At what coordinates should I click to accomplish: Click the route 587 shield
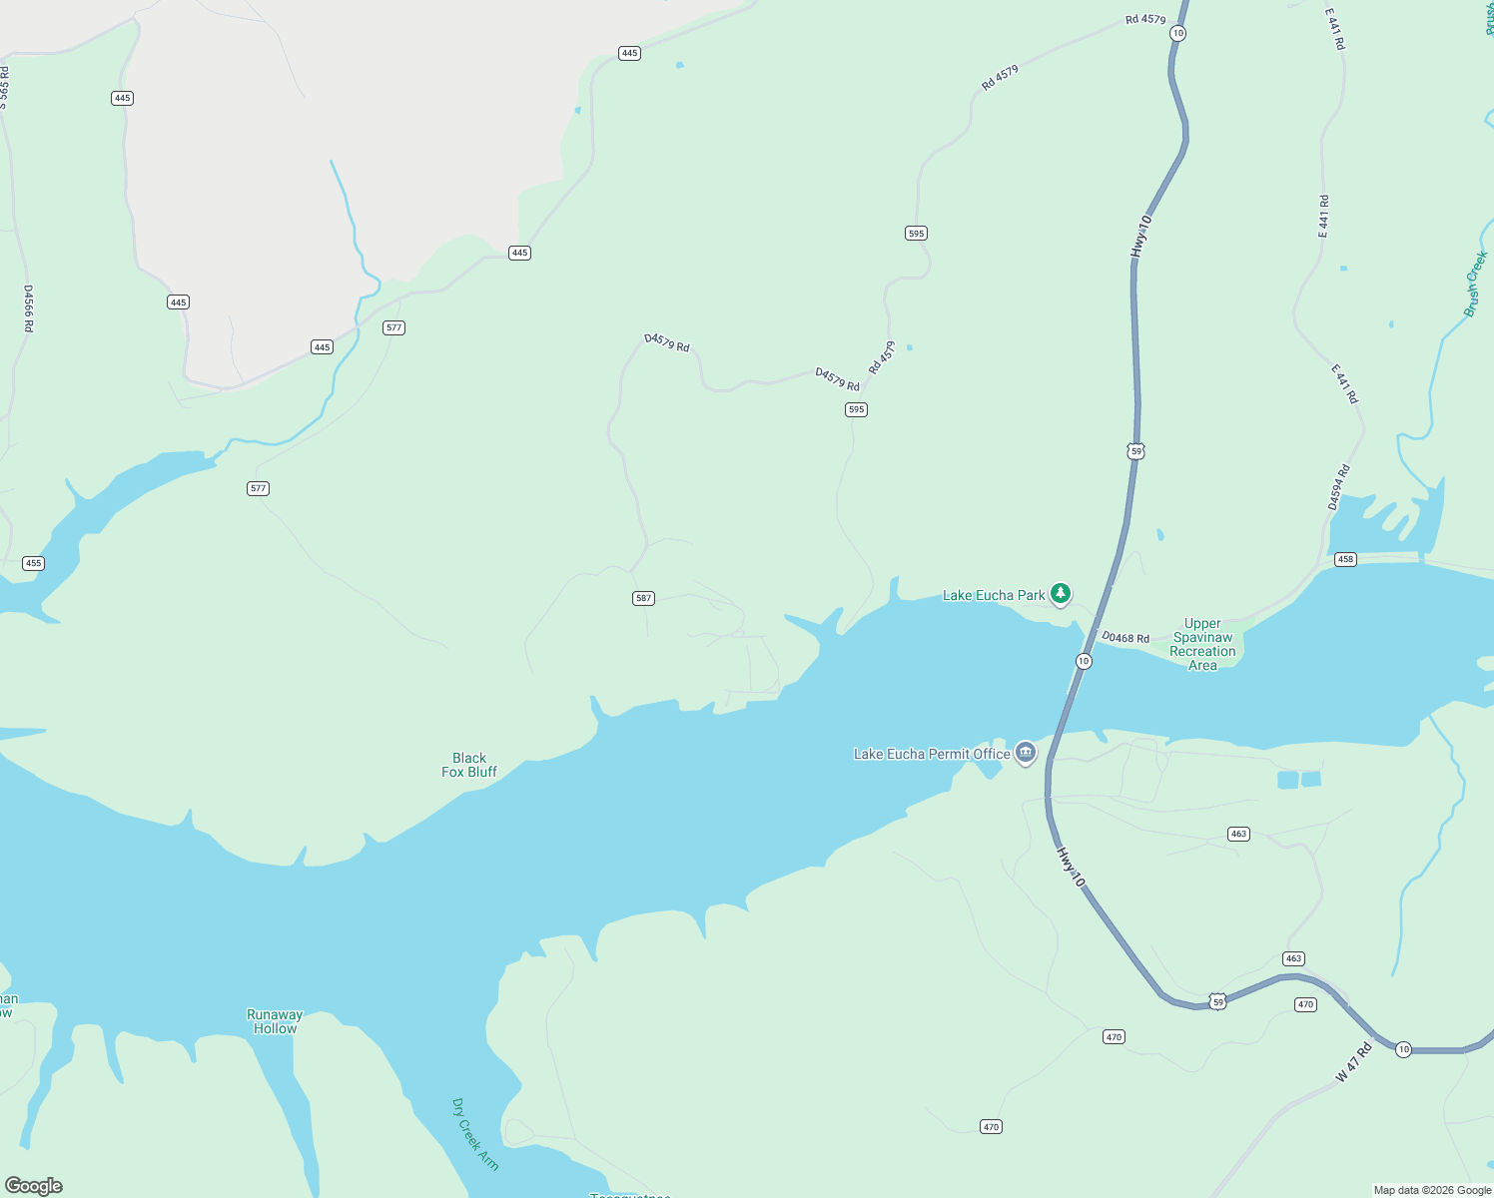[643, 598]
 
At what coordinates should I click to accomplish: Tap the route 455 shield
[33, 563]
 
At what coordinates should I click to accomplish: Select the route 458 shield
[1345, 559]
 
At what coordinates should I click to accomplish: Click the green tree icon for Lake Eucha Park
[1061, 594]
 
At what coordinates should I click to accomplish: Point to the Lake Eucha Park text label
[993, 595]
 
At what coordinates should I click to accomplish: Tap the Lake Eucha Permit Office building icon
[1025, 753]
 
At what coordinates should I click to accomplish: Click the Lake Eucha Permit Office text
[932, 754]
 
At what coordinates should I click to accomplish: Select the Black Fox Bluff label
[469, 765]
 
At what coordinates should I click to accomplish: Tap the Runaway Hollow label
[275, 1021]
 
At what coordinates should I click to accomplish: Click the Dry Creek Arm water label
[474, 1134]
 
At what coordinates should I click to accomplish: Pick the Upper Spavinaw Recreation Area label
[1202, 644]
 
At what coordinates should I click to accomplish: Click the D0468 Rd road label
[1125, 638]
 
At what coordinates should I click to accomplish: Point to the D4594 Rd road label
[1338, 487]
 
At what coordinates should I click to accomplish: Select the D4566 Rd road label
[29, 308]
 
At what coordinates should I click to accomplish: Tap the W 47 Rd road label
[1354, 1062]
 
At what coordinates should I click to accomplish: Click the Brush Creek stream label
[1475, 285]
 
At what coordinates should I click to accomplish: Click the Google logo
[34, 1185]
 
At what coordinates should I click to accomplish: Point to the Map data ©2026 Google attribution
[1431, 1190]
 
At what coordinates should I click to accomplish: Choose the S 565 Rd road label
[4, 88]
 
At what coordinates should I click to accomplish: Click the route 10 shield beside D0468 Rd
[1084, 661]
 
